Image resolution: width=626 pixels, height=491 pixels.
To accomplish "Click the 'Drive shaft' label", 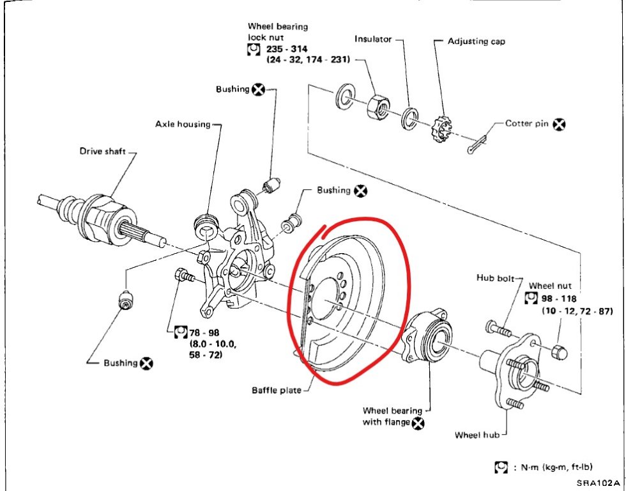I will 102,152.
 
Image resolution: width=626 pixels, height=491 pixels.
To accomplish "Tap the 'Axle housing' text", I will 183,123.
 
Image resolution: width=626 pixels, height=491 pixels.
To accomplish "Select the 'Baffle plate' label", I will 273,390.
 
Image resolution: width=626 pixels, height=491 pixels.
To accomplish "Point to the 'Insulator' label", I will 374,40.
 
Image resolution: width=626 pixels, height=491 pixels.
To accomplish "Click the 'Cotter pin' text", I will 527,123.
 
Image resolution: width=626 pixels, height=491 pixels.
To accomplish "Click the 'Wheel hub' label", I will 476,435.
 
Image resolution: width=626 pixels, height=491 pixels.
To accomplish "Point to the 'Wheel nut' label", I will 550,286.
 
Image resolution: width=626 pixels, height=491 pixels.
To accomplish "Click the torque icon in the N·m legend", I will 500,468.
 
